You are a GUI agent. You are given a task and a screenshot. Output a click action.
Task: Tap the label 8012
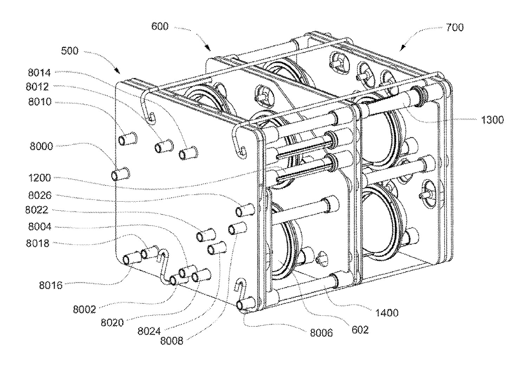coord(37,87)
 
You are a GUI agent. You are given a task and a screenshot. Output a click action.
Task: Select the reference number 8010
coord(40,102)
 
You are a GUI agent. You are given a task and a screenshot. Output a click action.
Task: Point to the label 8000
coord(41,146)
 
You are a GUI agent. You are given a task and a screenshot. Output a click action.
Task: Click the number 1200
coord(39,178)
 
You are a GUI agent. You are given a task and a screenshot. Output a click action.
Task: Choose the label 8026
coord(40,195)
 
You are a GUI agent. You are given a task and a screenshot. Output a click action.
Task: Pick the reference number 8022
coord(37,210)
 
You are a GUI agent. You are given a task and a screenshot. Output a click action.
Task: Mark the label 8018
coord(38,243)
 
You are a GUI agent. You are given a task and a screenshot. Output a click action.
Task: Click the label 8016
coord(51,285)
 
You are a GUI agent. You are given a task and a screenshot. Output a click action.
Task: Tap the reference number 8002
coord(84,309)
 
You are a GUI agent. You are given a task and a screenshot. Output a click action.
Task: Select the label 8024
coord(149,331)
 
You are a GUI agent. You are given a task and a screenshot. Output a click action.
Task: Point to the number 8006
coord(321,333)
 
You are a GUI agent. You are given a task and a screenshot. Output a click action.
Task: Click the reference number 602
coord(360,330)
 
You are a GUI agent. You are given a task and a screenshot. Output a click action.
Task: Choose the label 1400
coord(387,313)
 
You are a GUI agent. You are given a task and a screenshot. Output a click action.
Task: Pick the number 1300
coord(493,120)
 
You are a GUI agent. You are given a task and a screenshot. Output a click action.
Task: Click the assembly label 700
coord(455,27)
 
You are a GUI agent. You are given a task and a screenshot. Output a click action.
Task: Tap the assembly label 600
coord(160,26)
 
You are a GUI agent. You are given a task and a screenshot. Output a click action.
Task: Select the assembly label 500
coord(70,51)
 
